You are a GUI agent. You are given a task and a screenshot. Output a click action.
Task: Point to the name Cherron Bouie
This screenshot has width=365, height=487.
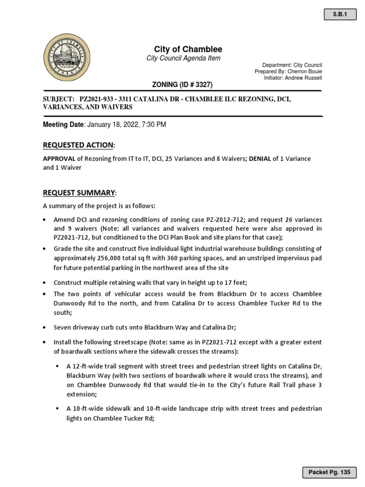305,71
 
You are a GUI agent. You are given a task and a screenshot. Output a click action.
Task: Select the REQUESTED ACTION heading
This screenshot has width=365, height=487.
78,145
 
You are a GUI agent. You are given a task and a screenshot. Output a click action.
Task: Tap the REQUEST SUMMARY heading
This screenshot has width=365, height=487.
79,192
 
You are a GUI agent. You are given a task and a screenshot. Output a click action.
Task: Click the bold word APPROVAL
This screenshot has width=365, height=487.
59,159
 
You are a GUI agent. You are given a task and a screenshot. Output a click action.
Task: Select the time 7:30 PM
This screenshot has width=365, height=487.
156,125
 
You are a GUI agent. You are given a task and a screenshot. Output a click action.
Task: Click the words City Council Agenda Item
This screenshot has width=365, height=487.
183,58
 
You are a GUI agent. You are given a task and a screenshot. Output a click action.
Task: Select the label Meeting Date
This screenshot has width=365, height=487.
63,125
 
